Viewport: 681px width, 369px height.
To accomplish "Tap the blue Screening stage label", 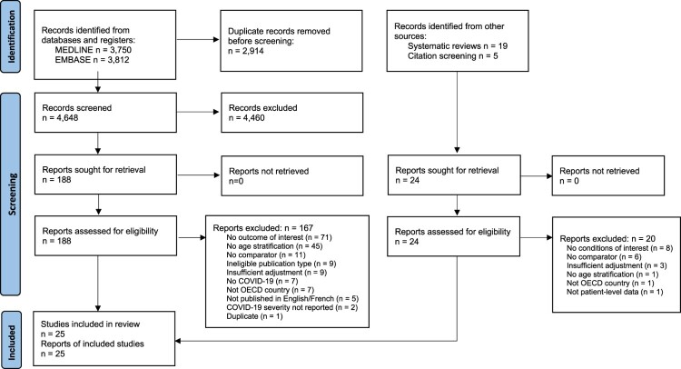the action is click(x=10, y=194).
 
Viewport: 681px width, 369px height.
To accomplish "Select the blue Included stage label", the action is click(x=10, y=340).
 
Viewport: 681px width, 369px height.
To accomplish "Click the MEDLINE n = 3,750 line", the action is click(x=93, y=50).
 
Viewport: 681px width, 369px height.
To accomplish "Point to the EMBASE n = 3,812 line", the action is click(x=92, y=60).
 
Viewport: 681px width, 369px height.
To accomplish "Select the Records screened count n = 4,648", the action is click(x=60, y=117).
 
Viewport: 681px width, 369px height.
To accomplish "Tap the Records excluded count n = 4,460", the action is click(x=247, y=118).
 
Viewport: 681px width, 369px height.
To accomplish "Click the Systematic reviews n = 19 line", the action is click(x=458, y=46).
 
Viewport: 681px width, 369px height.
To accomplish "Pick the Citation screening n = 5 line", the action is click(x=452, y=56).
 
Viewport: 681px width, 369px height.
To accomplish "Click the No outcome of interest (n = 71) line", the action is click(x=279, y=237).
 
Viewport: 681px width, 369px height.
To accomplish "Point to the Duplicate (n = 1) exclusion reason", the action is click(x=254, y=316).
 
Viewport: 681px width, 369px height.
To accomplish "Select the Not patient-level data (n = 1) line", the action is click(x=615, y=292).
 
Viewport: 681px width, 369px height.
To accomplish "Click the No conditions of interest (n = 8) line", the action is click(x=619, y=248).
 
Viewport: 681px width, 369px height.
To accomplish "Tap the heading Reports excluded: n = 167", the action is click(x=262, y=228).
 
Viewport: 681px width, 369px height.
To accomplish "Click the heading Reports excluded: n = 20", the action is click(x=607, y=239).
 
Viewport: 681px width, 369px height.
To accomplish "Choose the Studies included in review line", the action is click(x=90, y=324).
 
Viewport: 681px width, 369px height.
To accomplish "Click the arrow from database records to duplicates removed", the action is click(x=198, y=40).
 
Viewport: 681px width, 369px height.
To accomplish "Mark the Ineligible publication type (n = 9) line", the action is click(x=281, y=264).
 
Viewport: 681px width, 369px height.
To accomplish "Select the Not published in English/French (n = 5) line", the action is click(x=292, y=299).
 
